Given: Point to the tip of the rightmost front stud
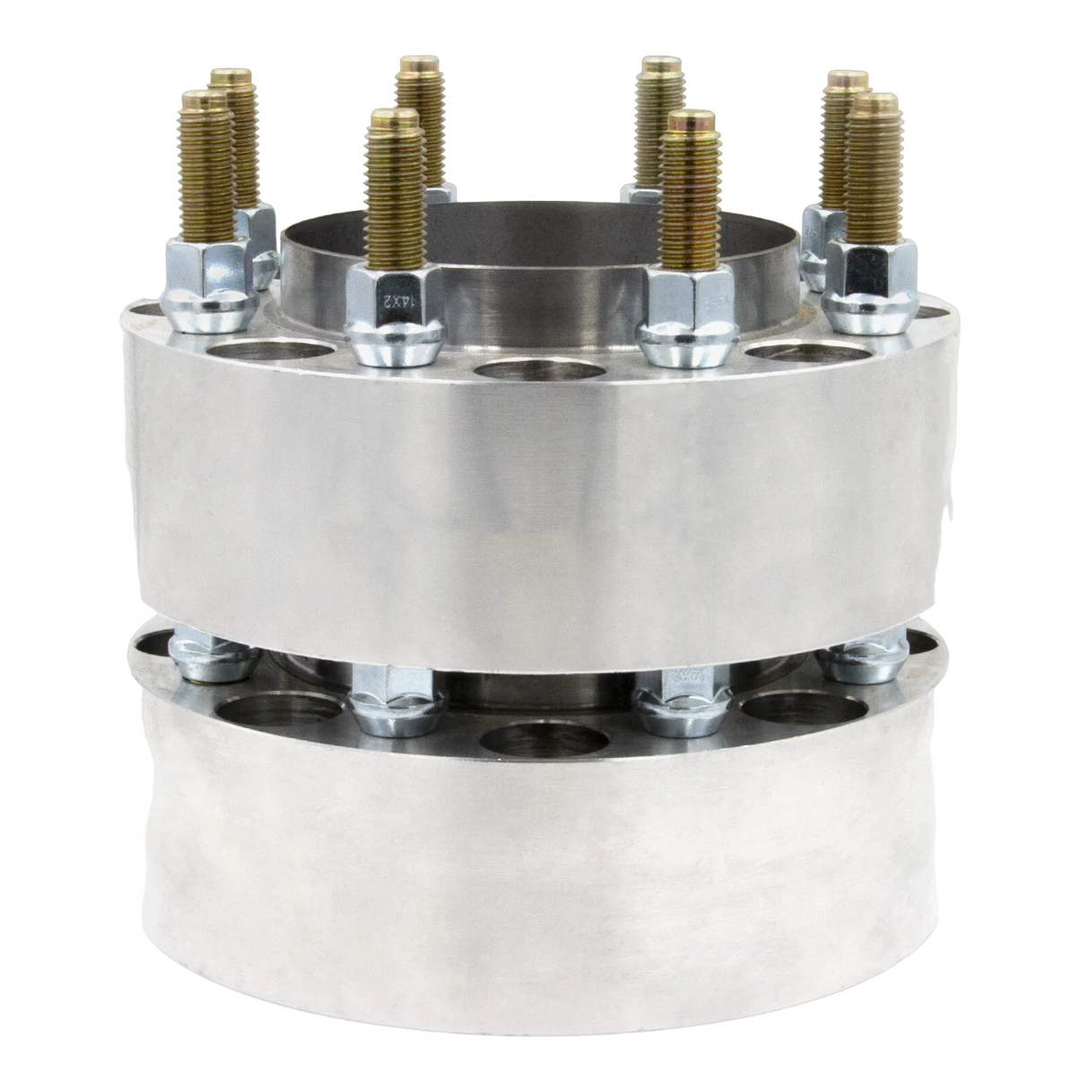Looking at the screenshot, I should (873, 103).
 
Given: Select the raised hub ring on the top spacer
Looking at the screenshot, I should (538, 269).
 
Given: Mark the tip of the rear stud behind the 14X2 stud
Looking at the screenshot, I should (423, 65).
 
